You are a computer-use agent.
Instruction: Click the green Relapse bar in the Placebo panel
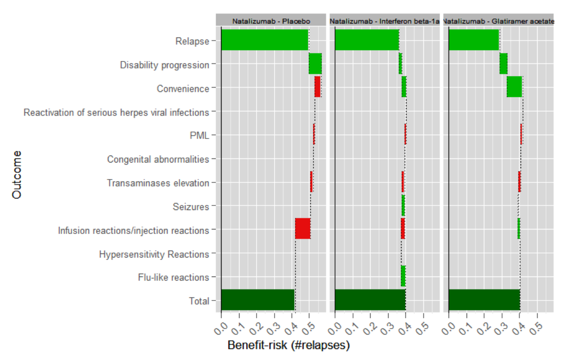tap(264, 40)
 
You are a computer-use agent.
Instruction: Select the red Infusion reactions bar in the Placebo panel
tap(302, 229)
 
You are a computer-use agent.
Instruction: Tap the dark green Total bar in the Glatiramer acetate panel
tap(484, 300)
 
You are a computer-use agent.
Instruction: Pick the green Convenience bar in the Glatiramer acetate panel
tap(514, 87)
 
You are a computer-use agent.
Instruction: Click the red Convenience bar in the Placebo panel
tap(317, 87)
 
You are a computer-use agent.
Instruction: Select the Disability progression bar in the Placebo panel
tap(315, 63)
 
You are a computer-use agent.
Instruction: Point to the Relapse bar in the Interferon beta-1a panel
tap(366, 40)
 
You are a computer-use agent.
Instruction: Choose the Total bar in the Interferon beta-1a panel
tap(370, 300)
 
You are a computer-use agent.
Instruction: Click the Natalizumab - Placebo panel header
tap(271, 21)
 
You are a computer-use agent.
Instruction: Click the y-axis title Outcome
tap(17, 174)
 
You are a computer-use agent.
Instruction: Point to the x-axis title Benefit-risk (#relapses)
tap(288, 345)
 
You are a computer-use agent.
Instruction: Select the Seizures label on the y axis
tap(190, 206)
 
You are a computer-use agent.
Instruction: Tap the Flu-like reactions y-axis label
tap(173, 277)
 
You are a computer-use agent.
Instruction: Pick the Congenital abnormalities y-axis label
tap(158, 159)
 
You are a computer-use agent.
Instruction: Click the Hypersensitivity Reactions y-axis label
tap(154, 254)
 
